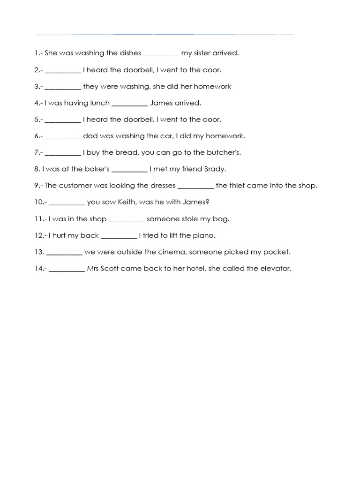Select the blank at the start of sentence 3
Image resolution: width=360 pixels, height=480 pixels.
coord(63,87)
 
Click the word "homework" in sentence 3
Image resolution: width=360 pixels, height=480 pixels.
coord(213,86)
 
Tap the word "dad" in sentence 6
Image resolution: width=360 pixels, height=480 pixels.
coord(89,136)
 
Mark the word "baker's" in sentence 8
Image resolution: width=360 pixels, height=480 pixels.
coord(97,169)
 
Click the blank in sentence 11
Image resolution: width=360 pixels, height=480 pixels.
coord(127,219)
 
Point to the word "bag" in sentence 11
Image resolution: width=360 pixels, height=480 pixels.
coord(223,219)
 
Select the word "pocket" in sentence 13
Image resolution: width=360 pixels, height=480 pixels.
coord(277,252)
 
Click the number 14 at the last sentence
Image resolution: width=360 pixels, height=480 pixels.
coord(38,269)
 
